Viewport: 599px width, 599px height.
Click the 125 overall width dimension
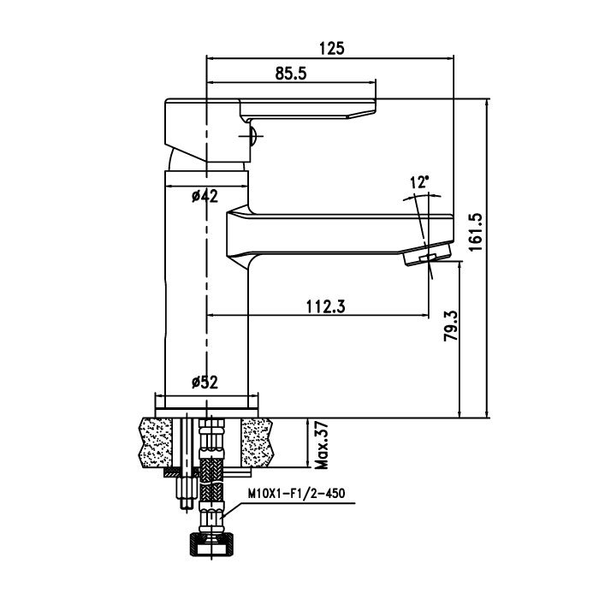pyautogui.click(x=332, y=49)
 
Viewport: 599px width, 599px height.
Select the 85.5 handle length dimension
pyautogui.click(x=291, y=74)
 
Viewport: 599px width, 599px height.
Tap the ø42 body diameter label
pyautogui.click(x=205, y=196)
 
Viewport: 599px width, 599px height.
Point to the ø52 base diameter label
pyautogui.click(x=205, y=382)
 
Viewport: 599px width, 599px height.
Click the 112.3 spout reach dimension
pyautogui.click(x=325, y=306)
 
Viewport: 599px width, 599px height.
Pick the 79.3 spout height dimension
pyautogui.click(x=450, y=326)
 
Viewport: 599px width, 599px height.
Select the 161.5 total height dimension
pyautogui.click(x=476, y=232)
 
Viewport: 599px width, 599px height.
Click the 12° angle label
pyautogui.click(x=419, y=182)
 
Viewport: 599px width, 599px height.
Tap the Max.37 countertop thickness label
pyautogui.click(x=321, y=445)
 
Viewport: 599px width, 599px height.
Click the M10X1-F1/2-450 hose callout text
pyautogui.click(x=296, y=493)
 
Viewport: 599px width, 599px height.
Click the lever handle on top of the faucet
pyautogui.click(x=308, y=109)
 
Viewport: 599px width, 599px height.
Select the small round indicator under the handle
pyautogui.click(x=252, y=135)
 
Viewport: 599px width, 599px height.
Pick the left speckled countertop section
pyautogui.click(x=156, y=442)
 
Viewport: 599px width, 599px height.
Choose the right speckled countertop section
pyautogui.click(x=257, y=442)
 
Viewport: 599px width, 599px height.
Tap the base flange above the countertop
pyautogui.click(x=207, y=412)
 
